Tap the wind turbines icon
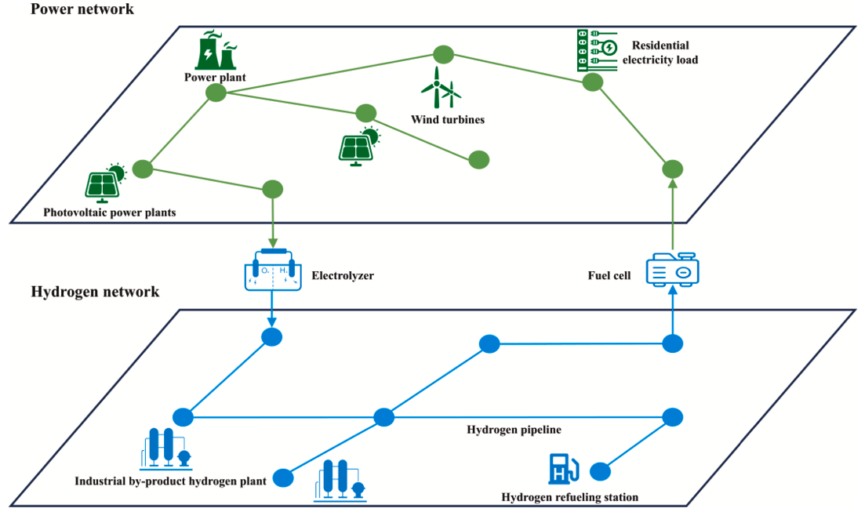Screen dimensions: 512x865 (440, 88)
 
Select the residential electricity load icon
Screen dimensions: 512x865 (597, 49)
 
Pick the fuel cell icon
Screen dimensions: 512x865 (672, 271)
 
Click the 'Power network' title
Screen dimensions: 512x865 (82, 9)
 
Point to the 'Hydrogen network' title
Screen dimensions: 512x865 (95, 292)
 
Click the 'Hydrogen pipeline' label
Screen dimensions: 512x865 (514, 430)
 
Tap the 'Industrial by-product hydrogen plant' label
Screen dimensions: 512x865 (170, 481)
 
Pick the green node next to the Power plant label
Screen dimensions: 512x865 (216, 93)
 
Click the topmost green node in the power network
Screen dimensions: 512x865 (443, 55)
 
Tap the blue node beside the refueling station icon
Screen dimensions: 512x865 (600, 471)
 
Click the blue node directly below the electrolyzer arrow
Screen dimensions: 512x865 (271, 337)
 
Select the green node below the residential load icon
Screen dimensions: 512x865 (594, 82)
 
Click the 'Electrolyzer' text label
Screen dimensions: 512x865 (343, 276)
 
